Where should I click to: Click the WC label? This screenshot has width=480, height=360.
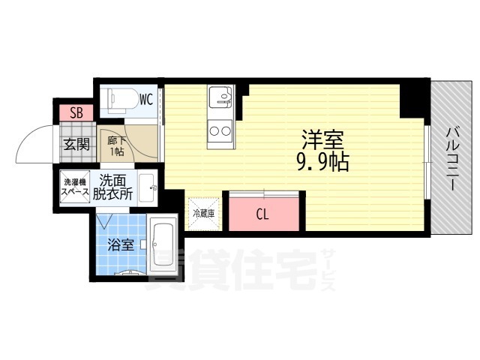tap(145, 98)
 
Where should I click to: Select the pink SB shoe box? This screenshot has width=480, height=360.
tap(76, 113)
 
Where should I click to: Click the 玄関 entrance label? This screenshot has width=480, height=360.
tap(76, 143)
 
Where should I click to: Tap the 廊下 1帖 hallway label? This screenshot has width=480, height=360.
tap(116, 145)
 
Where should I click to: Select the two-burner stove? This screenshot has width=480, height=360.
tap(220, 131)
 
